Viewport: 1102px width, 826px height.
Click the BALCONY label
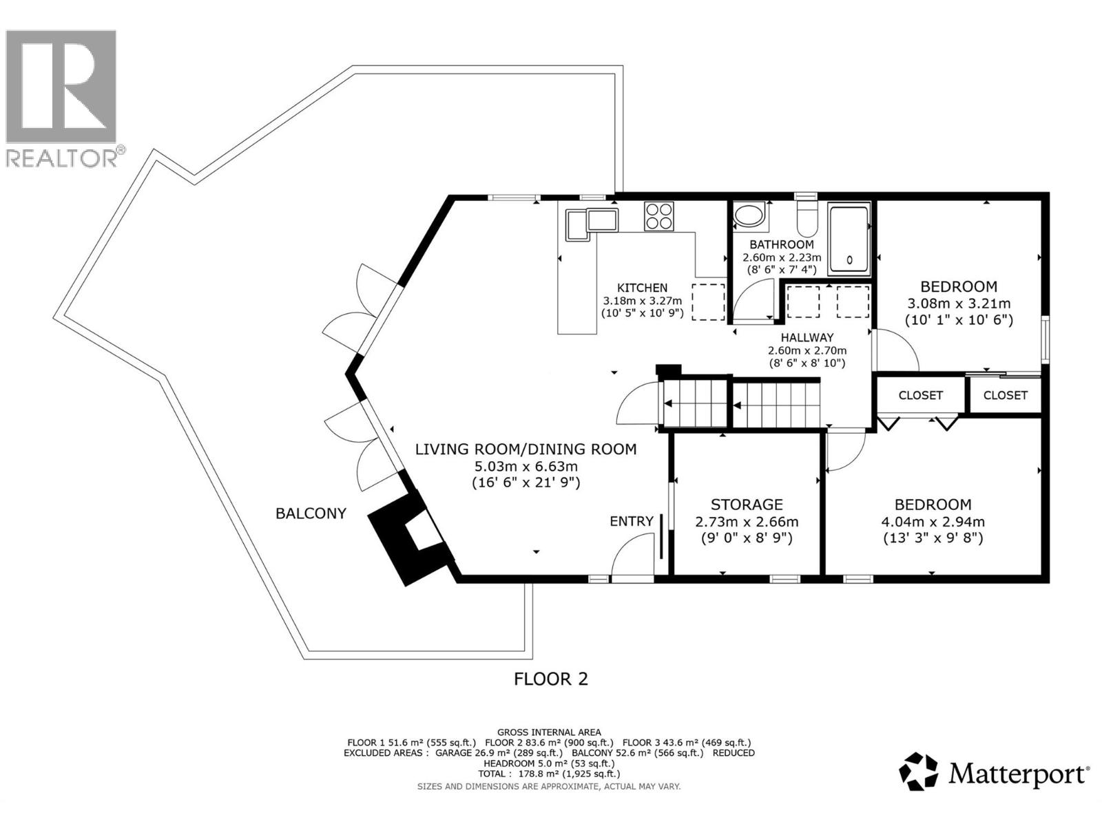click(311, 513)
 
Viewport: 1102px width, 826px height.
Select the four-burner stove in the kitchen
click(660, 215)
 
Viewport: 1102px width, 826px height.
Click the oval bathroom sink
click(749, 215)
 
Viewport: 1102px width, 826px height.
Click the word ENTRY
click(631, 521)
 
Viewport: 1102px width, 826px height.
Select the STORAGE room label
click(747, 505)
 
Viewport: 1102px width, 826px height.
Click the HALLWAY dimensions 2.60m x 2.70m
click(807, 350)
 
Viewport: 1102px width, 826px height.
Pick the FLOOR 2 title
click(551, 679)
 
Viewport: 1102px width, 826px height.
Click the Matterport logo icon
click(919, 772)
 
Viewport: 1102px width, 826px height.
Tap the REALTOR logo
click(62, 96)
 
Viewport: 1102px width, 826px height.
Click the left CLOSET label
click(920, 395)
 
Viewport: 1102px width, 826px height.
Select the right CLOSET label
click(1005, 395)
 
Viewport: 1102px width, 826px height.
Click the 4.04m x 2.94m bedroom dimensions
click(933, 522)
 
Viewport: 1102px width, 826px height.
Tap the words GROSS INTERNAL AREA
click(549, 732)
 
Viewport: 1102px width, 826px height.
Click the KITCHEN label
click(641, 288)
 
